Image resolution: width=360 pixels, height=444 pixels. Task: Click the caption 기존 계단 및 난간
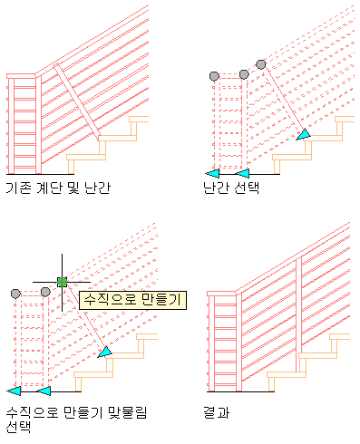[58, 188]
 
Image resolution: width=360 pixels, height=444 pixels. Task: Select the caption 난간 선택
[231, 188]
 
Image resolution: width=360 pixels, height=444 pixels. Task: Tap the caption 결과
[217, 412]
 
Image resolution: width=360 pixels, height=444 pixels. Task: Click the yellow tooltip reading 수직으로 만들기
[132, 300]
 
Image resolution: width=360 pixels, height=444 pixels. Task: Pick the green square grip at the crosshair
[62, 282]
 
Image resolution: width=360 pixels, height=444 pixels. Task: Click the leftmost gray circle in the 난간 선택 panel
[214, 76]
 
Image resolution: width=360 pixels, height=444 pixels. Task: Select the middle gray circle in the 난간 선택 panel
[244, 74]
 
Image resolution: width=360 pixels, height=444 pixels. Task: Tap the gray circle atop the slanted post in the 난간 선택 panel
[261, 64]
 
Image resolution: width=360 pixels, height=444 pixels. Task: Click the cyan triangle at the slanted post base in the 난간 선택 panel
[303, 135]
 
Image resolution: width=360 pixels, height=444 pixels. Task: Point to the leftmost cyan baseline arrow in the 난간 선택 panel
[212, 174]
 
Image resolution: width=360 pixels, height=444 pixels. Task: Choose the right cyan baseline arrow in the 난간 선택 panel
[242, 174]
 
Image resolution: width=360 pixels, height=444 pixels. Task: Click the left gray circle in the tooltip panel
[15, 294]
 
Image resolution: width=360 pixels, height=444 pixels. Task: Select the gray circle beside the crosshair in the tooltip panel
[45, 292]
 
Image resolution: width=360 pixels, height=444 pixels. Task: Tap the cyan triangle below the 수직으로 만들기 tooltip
[105, 352]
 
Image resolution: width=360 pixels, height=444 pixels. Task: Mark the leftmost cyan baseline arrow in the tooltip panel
[14, 391]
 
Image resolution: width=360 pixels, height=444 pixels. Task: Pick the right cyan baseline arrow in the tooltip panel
[44, 391]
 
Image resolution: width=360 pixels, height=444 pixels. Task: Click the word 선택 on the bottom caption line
[18, 427]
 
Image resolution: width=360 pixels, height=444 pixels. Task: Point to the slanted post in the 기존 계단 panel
[77, 102]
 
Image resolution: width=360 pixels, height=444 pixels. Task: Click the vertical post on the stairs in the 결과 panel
[298, 314]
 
